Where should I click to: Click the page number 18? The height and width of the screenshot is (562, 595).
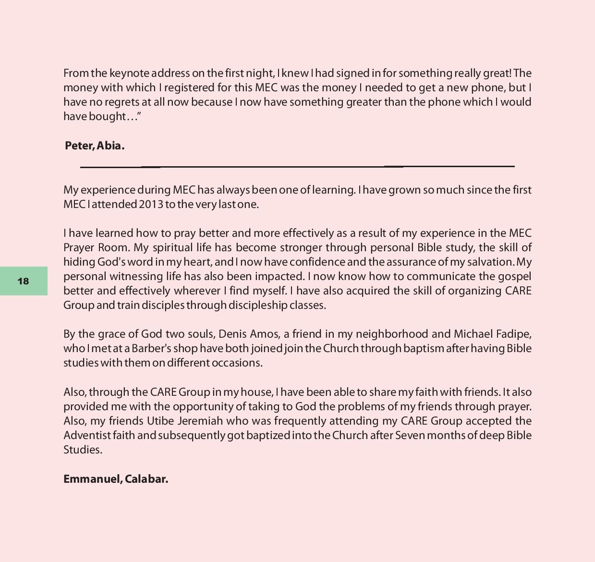point(23,281)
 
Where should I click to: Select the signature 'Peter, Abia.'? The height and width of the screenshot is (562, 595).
point(95,146)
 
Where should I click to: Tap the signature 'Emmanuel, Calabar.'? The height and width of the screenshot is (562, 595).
point(116,479)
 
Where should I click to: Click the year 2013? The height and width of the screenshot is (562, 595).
point(151,205)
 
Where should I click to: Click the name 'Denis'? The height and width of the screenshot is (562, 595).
point(232,334)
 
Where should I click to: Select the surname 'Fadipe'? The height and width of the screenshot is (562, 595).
point(513,334)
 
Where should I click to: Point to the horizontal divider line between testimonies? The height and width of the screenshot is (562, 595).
point(297,167)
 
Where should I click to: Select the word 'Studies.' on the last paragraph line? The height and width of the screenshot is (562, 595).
point(83,450)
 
